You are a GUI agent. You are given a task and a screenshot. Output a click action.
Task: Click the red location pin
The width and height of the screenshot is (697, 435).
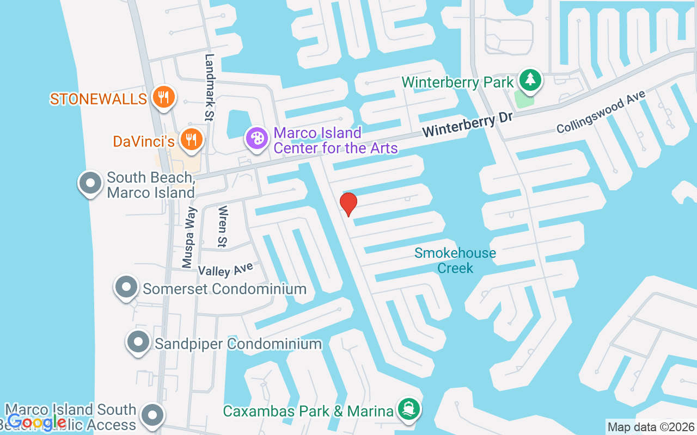coord(348,204)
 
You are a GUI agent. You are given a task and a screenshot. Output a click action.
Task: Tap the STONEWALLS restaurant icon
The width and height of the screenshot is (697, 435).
coord(162,98)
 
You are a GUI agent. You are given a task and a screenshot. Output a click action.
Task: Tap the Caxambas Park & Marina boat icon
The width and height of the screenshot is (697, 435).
coord(408,409)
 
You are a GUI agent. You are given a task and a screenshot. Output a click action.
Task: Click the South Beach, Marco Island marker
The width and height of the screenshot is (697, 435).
coord(90,184)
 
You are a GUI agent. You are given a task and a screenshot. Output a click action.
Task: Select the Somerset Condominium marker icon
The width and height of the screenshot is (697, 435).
coord(126,287)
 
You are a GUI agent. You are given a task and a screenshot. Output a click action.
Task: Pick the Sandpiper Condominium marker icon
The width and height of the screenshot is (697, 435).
coord(138,343)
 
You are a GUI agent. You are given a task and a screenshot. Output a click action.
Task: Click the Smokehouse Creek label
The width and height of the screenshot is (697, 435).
coord(455,260)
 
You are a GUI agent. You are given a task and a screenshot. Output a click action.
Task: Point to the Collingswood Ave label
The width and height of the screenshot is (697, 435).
coord(601,111)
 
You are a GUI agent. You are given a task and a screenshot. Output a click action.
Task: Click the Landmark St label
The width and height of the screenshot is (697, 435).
coord(209,87)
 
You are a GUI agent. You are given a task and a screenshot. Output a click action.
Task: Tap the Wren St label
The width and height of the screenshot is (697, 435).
coord(222,226)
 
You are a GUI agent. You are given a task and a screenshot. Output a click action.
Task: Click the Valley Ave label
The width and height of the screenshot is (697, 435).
coord(225,269)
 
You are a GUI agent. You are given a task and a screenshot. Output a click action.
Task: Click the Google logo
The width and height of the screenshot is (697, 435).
coord(36,422)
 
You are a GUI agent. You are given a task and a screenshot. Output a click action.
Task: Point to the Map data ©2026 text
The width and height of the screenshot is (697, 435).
coord(651,427)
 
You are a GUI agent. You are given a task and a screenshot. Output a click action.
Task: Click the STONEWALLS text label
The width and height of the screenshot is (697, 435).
coord(99,98)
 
